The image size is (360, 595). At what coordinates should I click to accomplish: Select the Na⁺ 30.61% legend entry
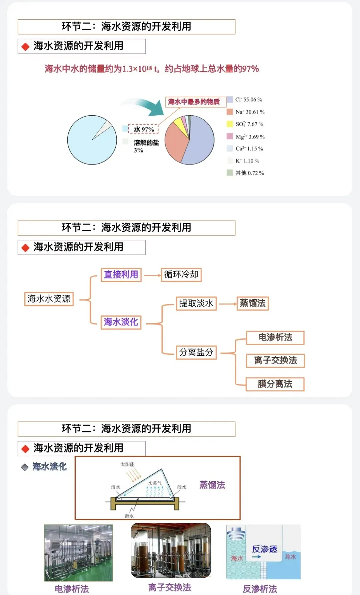[x=246, y=112]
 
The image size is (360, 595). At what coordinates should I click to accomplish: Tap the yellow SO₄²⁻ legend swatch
[x=230, y=124]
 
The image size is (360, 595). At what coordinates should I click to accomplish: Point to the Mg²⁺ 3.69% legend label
[x=250, y=137]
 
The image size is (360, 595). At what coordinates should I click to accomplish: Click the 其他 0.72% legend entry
[x=245, y=173]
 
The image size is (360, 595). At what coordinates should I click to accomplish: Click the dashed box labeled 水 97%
[x=144, y=129]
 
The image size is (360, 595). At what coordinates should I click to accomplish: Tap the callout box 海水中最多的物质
[x=196, y=102]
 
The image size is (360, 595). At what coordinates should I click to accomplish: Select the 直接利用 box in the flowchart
[x=121, y=275]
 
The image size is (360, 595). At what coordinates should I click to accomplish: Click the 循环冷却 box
[x=181, y=275]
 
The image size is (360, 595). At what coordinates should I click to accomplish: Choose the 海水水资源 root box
[x=49, y=299]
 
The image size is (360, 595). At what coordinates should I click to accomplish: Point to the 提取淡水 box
[x=196, y=303]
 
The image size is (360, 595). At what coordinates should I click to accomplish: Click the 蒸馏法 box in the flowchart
[x=253, y=303]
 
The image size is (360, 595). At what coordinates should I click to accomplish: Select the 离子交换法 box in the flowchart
[x=275, y=361]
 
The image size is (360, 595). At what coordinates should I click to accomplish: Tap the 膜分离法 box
[x=275, y=384]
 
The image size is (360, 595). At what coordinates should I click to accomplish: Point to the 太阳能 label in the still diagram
[x=127, y=464]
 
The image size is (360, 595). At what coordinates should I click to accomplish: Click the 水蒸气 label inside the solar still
[x=155, y=483]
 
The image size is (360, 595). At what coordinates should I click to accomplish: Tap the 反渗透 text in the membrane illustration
[x=265, y=549]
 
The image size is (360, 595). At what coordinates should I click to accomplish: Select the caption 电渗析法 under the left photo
[x=72, y=589]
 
